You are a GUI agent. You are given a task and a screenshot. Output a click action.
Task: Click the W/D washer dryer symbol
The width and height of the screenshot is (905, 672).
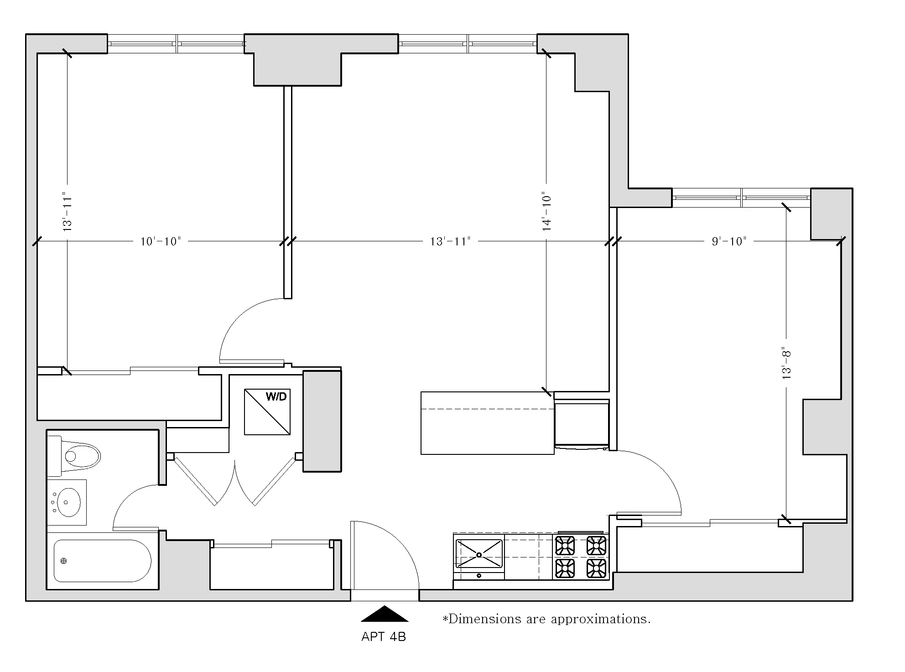pyautogui.click(x=267, y=412)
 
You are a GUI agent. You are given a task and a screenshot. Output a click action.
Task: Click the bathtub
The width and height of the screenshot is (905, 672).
pyautogui.click(x=102, y=561)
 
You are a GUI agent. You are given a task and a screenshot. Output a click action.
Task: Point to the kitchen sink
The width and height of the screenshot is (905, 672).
pyautogui.click(x=479, y=554)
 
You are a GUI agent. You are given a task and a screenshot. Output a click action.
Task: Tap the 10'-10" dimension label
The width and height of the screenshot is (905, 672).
pyautogui.click(x=161, y=241)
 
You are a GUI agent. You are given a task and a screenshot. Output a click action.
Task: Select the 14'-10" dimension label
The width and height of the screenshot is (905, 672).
pyautogui.click(x=547, y=211)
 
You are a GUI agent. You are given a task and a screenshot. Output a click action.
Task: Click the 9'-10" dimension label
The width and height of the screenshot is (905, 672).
pyautogui.click(x=729, y=241)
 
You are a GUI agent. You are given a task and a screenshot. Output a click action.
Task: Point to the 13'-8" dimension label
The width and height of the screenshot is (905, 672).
pyautogui.click(x=786, y=364)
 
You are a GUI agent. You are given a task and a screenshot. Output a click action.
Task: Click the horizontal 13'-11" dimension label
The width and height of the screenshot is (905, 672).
pyautogui.click(x=450, y=241)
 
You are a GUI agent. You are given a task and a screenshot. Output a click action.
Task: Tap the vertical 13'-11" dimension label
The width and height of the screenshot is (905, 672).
pyautogui.click(x=68, y=211)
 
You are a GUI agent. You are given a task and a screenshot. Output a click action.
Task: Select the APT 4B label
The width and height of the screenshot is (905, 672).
pyautogui.click(x=383, y=637)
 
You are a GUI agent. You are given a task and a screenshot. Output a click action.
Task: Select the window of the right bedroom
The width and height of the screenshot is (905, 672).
pyautogui.click(x=741, y=198)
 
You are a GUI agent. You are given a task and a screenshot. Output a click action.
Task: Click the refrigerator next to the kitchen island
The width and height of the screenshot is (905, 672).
pyautogui.click(x=582, y=423)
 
